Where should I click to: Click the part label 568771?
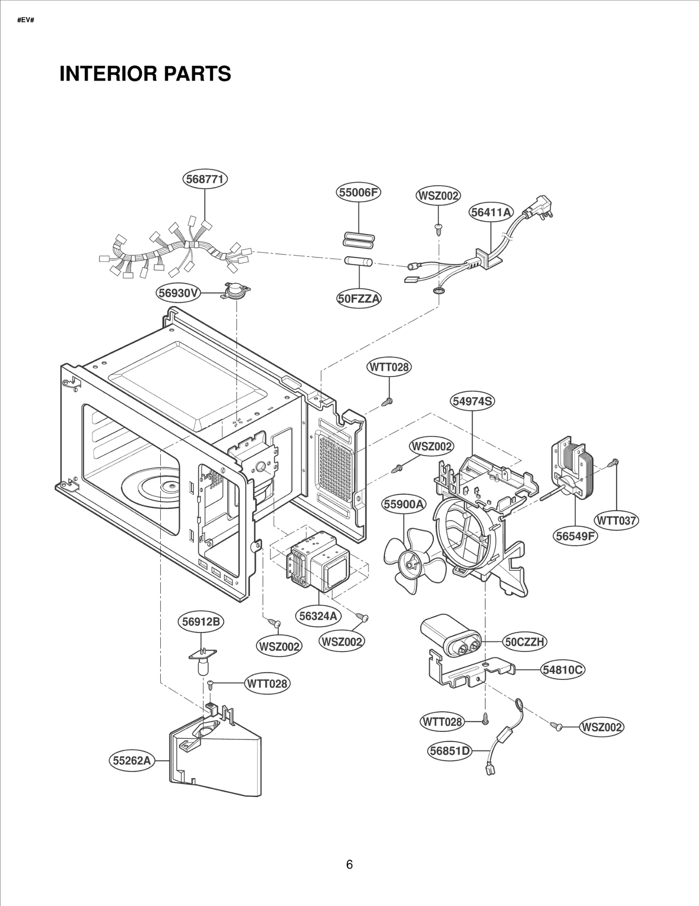(x=205, y=180)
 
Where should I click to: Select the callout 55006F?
(x=358, y=193)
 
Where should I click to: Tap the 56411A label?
(x=491, y=212)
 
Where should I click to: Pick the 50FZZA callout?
(x=359, y=299)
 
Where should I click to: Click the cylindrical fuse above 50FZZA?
(x=359, y=262)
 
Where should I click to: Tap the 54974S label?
(x=472, y=401)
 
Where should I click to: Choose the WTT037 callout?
(x=617, y=521)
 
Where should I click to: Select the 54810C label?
(x=562, y=670)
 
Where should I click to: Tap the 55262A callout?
(x=131, y=760)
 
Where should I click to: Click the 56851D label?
(x=449, y=751)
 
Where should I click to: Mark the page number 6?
(x=349, y=864)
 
